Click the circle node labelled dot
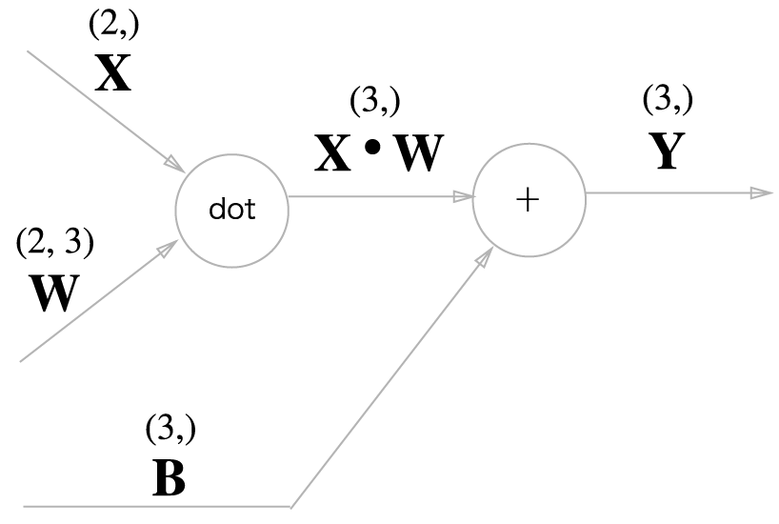coord(231,209)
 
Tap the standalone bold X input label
coord(113,72)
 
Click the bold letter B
coord(170,479)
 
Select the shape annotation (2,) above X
coord(113,27)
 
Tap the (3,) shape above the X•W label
coord(375,101)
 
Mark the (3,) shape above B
coord(170,430)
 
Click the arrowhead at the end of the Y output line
coord(761,193)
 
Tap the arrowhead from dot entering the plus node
coord(464,197)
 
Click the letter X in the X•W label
coord(333,152)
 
